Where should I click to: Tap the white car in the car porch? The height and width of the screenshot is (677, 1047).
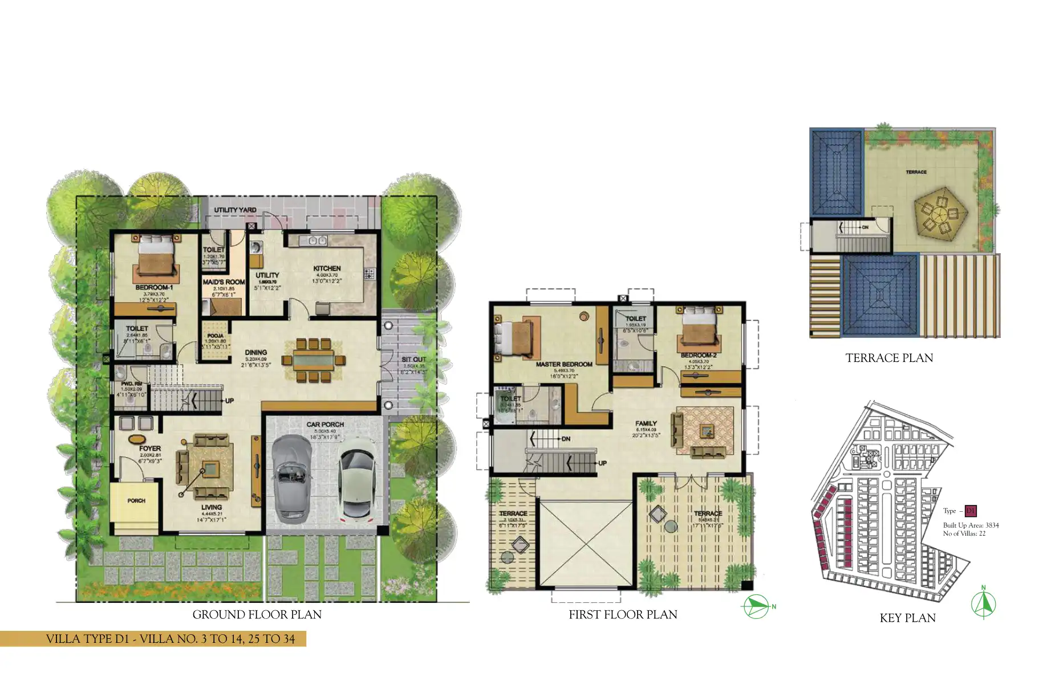(x=356, y=478)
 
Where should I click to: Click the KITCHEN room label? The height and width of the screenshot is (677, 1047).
(x=327, y=268)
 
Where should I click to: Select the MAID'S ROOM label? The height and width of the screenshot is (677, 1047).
(x=224, y=282)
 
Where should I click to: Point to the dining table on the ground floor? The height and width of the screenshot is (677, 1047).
(x=314, y=361)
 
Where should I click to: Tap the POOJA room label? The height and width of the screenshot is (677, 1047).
(x=215, y=336)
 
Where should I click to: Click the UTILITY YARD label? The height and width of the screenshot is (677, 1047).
(x=235, y=210)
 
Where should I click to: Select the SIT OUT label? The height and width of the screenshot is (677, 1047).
(x=413, y=360)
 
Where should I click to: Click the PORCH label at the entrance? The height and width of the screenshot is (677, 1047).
(x=136, y=501)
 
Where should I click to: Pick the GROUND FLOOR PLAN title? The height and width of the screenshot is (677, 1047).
(x=257, y=615)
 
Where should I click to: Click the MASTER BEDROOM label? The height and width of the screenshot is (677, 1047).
(x=563, y=364)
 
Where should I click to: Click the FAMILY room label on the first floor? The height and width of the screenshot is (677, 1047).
(x=646, y=423)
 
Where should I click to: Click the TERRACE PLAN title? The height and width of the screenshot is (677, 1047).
(x=889, y=358)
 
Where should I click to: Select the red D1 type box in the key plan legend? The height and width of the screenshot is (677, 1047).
(x=971, y=511)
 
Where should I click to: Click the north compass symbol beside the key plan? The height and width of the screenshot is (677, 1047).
(x=983, y=605)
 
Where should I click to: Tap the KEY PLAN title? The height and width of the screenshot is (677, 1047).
(x=907, y=618)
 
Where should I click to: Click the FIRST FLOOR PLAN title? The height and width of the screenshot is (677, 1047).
(x=623, y=615)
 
